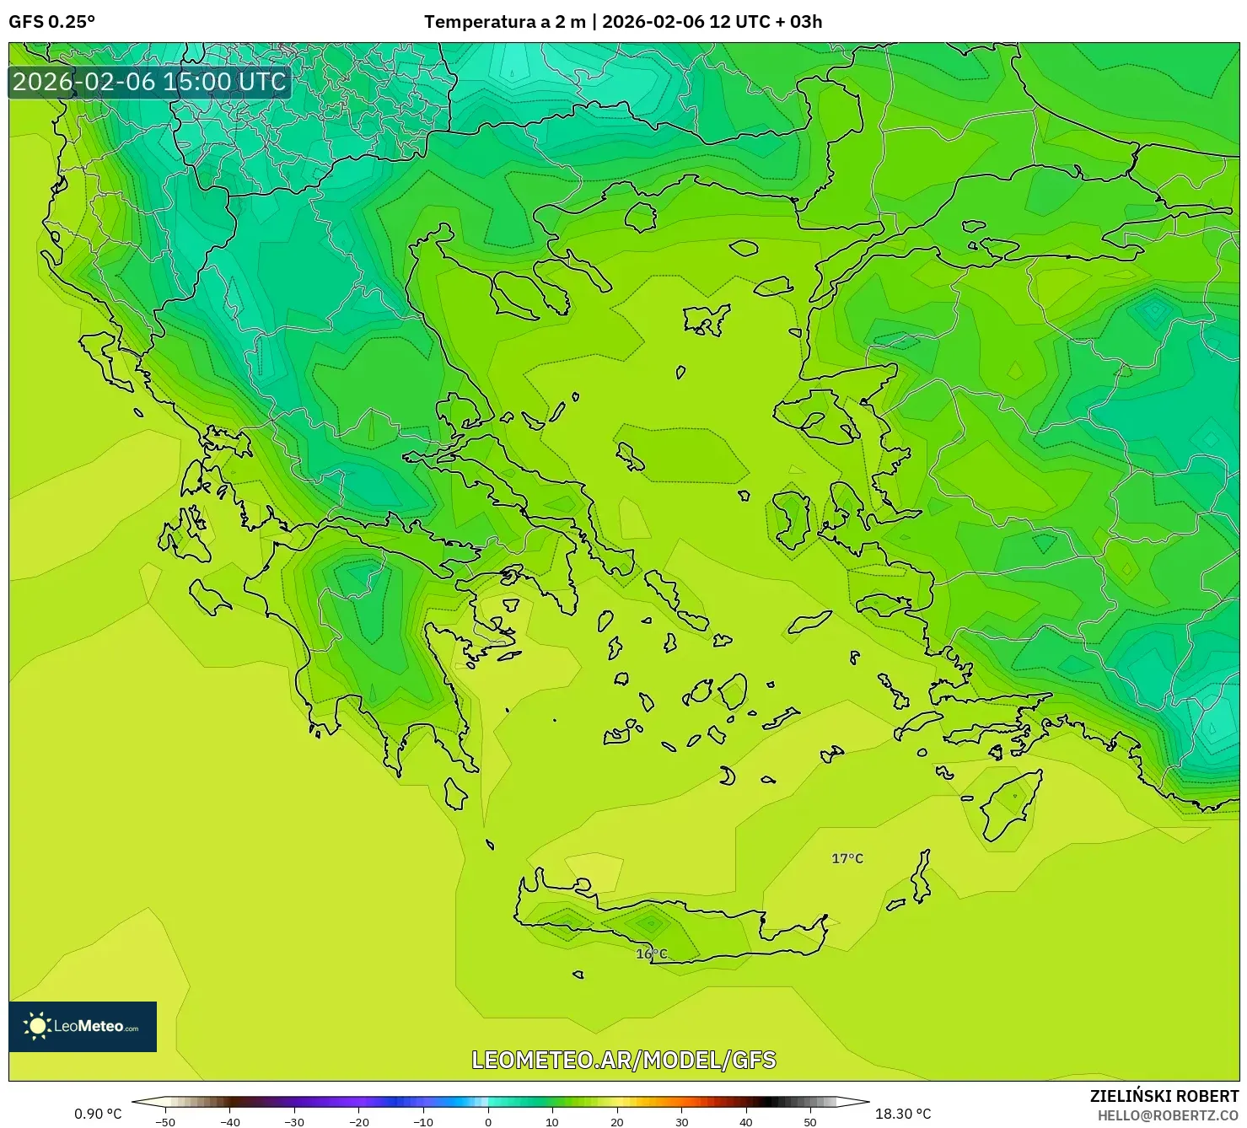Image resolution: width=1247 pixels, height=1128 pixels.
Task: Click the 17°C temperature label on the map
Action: pos(847,858)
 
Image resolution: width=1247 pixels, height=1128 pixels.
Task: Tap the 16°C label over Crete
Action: pos(651,953)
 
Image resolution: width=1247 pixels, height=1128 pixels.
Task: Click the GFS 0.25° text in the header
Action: pos(51,22)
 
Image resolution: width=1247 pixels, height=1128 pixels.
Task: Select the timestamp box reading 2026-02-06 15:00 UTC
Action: pos(149,82)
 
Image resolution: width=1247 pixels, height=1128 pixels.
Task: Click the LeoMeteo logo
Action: pos(83,1026)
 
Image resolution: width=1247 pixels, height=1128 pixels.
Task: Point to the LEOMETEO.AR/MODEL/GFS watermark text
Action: pos(623,1060)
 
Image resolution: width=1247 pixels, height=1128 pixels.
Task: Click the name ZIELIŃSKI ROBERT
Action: pos(1164,1096)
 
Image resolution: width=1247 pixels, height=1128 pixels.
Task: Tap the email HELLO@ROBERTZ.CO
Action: pos(1168,1115)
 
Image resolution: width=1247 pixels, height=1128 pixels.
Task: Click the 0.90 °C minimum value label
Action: pos(98,1114)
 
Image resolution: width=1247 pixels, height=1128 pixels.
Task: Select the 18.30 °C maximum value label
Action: pos(903,1114)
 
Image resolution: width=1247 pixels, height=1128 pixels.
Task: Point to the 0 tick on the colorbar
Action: pos(488,1121)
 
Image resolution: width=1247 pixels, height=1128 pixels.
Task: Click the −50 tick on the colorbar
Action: pos(165,1121)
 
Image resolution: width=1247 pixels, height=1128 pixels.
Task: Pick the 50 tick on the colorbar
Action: pos(810,1121)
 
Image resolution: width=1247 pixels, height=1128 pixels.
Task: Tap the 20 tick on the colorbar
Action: pos(617,1121)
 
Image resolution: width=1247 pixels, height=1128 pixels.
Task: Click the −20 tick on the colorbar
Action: pos(358,1121)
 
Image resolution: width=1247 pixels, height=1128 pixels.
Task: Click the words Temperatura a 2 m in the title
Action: pos(504,22)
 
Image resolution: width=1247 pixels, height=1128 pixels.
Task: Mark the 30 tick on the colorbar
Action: pos(681,1121)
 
